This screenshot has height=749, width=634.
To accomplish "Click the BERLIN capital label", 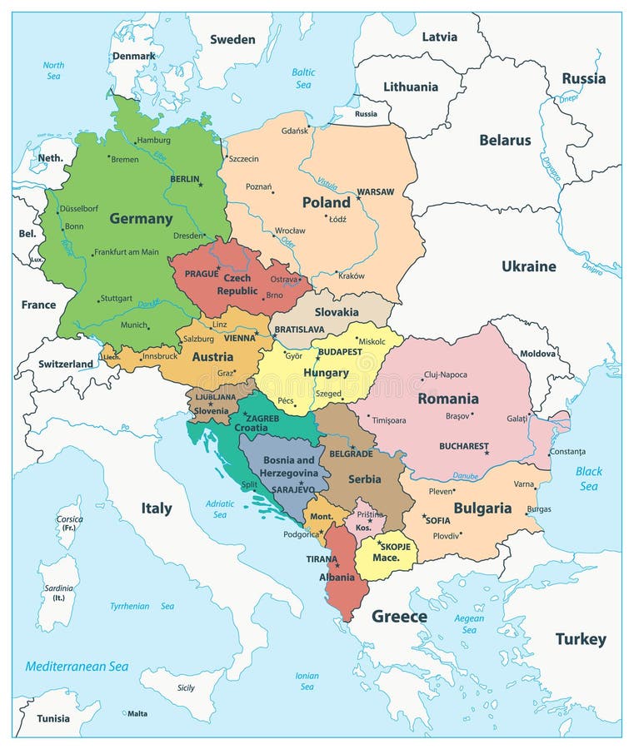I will [184, 178].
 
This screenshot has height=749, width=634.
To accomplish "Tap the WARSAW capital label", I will [376, 192].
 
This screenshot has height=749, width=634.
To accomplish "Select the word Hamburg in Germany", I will [153, 140].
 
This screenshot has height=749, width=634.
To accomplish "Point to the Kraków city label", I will [351, 275].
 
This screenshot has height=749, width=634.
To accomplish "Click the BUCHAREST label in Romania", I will [463, 446].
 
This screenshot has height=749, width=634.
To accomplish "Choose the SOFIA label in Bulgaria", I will [437, 520].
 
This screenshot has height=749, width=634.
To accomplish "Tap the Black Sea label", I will [588, 479].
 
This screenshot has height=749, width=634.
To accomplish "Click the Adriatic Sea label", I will [220, 508].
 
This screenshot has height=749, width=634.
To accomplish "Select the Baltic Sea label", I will [303, 78].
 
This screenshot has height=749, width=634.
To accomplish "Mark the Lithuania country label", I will [410, 87].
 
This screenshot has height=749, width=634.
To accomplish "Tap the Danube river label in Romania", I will [466, 477].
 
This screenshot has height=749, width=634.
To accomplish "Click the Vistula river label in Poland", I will [327, 185].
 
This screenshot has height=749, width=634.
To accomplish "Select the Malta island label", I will [137, 713].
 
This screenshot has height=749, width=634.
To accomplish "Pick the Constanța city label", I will [567, 451].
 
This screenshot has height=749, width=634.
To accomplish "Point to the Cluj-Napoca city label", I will [446, 374].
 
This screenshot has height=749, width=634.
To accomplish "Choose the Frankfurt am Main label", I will [127, 252].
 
